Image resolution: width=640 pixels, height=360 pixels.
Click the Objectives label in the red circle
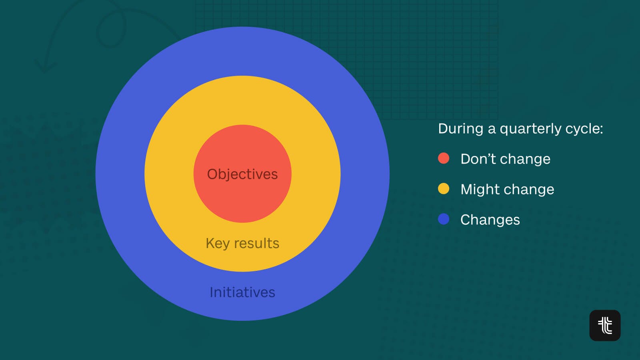click(242, 174)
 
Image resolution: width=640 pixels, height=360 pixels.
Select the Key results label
click(242, 244)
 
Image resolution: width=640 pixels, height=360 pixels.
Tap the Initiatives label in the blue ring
click(242, 292)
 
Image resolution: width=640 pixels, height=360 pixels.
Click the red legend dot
click(444, 158)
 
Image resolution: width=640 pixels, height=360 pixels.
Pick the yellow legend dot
click(444, 188)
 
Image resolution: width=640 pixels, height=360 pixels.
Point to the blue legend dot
click(444, 219)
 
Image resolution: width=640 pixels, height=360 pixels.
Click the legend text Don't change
click(506, 159)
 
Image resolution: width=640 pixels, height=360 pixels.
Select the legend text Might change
click(508, 190)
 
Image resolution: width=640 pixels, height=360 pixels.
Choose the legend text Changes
click(490, 220)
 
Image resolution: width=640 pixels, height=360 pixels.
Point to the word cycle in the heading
click(582, 129)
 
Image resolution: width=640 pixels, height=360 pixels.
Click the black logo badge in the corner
click(605, 326)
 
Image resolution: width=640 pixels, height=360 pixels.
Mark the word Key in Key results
click(218, 244)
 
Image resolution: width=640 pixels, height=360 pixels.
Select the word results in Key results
click(256, 244)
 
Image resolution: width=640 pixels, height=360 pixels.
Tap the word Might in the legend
click(479, 190)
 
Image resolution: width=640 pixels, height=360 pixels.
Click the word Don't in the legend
click(479, 159)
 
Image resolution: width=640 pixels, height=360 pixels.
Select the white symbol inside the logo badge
click(605, 326)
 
